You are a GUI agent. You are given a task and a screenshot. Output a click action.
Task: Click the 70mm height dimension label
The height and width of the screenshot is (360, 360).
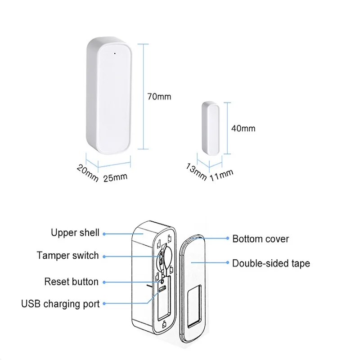(159, 96)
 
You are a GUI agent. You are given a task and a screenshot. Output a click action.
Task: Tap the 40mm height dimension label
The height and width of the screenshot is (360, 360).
(243, 128)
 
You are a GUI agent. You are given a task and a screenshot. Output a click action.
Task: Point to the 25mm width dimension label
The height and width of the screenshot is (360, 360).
(116, 177)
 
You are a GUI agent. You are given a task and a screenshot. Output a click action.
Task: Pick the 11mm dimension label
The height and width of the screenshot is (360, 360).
(221, 173)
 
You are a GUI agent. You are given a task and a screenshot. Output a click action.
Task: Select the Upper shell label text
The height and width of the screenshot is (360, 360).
(75, 233)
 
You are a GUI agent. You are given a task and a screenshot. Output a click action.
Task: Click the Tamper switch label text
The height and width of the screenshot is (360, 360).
(67, 256)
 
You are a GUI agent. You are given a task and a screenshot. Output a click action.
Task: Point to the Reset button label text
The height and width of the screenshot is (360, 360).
(71, 282)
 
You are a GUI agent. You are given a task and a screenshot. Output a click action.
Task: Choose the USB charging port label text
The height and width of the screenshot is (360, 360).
(60, 304)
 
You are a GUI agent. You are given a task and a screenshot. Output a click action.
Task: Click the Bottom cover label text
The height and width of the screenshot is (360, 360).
(261, 238)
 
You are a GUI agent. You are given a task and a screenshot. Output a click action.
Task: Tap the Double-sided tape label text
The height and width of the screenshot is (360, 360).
(271, 263)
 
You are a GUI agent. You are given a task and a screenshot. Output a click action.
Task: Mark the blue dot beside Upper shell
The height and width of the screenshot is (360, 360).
(104, 234)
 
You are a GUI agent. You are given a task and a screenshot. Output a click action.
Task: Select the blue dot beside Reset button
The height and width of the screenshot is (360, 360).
(104, 282)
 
